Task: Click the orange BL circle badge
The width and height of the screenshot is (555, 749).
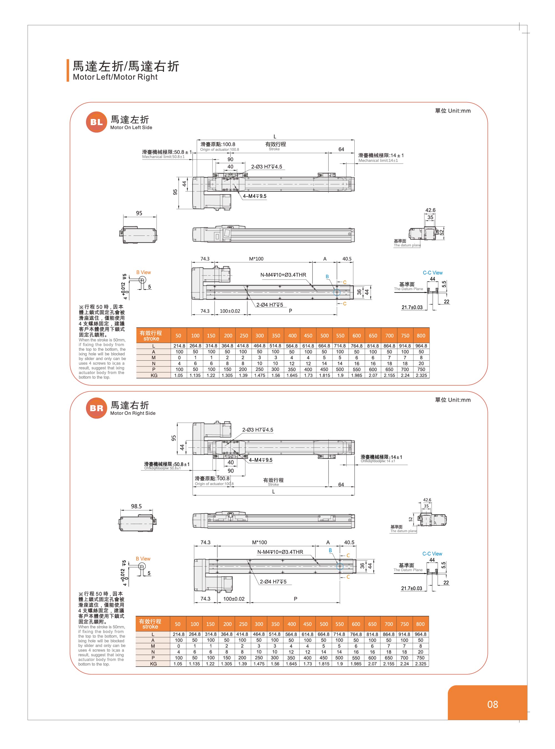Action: coord(96,122)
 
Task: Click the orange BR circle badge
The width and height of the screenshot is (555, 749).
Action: coord(96,408)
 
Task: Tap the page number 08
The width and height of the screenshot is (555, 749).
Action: coord(492,704)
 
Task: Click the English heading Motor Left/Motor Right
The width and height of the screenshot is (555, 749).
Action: coord(115,77)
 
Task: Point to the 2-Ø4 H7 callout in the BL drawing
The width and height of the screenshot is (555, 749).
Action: coord(269,305)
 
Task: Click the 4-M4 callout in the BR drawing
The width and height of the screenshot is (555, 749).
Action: coord(260,460)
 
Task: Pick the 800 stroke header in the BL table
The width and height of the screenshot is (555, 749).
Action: coord(421,336)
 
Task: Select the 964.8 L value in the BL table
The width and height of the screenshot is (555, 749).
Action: coord(421,346)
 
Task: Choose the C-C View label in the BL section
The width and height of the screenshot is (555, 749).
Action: coord(432,273)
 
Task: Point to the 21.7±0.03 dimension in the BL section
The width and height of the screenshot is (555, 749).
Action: coord(412,307)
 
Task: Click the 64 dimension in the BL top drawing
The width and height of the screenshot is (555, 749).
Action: coord(341,149)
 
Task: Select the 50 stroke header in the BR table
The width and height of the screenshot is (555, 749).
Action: coord(178,624)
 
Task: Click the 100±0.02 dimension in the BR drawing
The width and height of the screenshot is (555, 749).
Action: coord(234,599)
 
